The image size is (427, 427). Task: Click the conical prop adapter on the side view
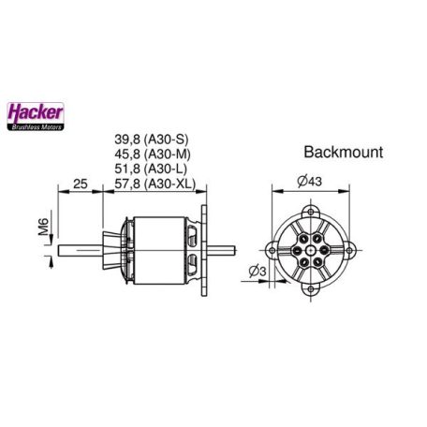(x=116, y=249)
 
